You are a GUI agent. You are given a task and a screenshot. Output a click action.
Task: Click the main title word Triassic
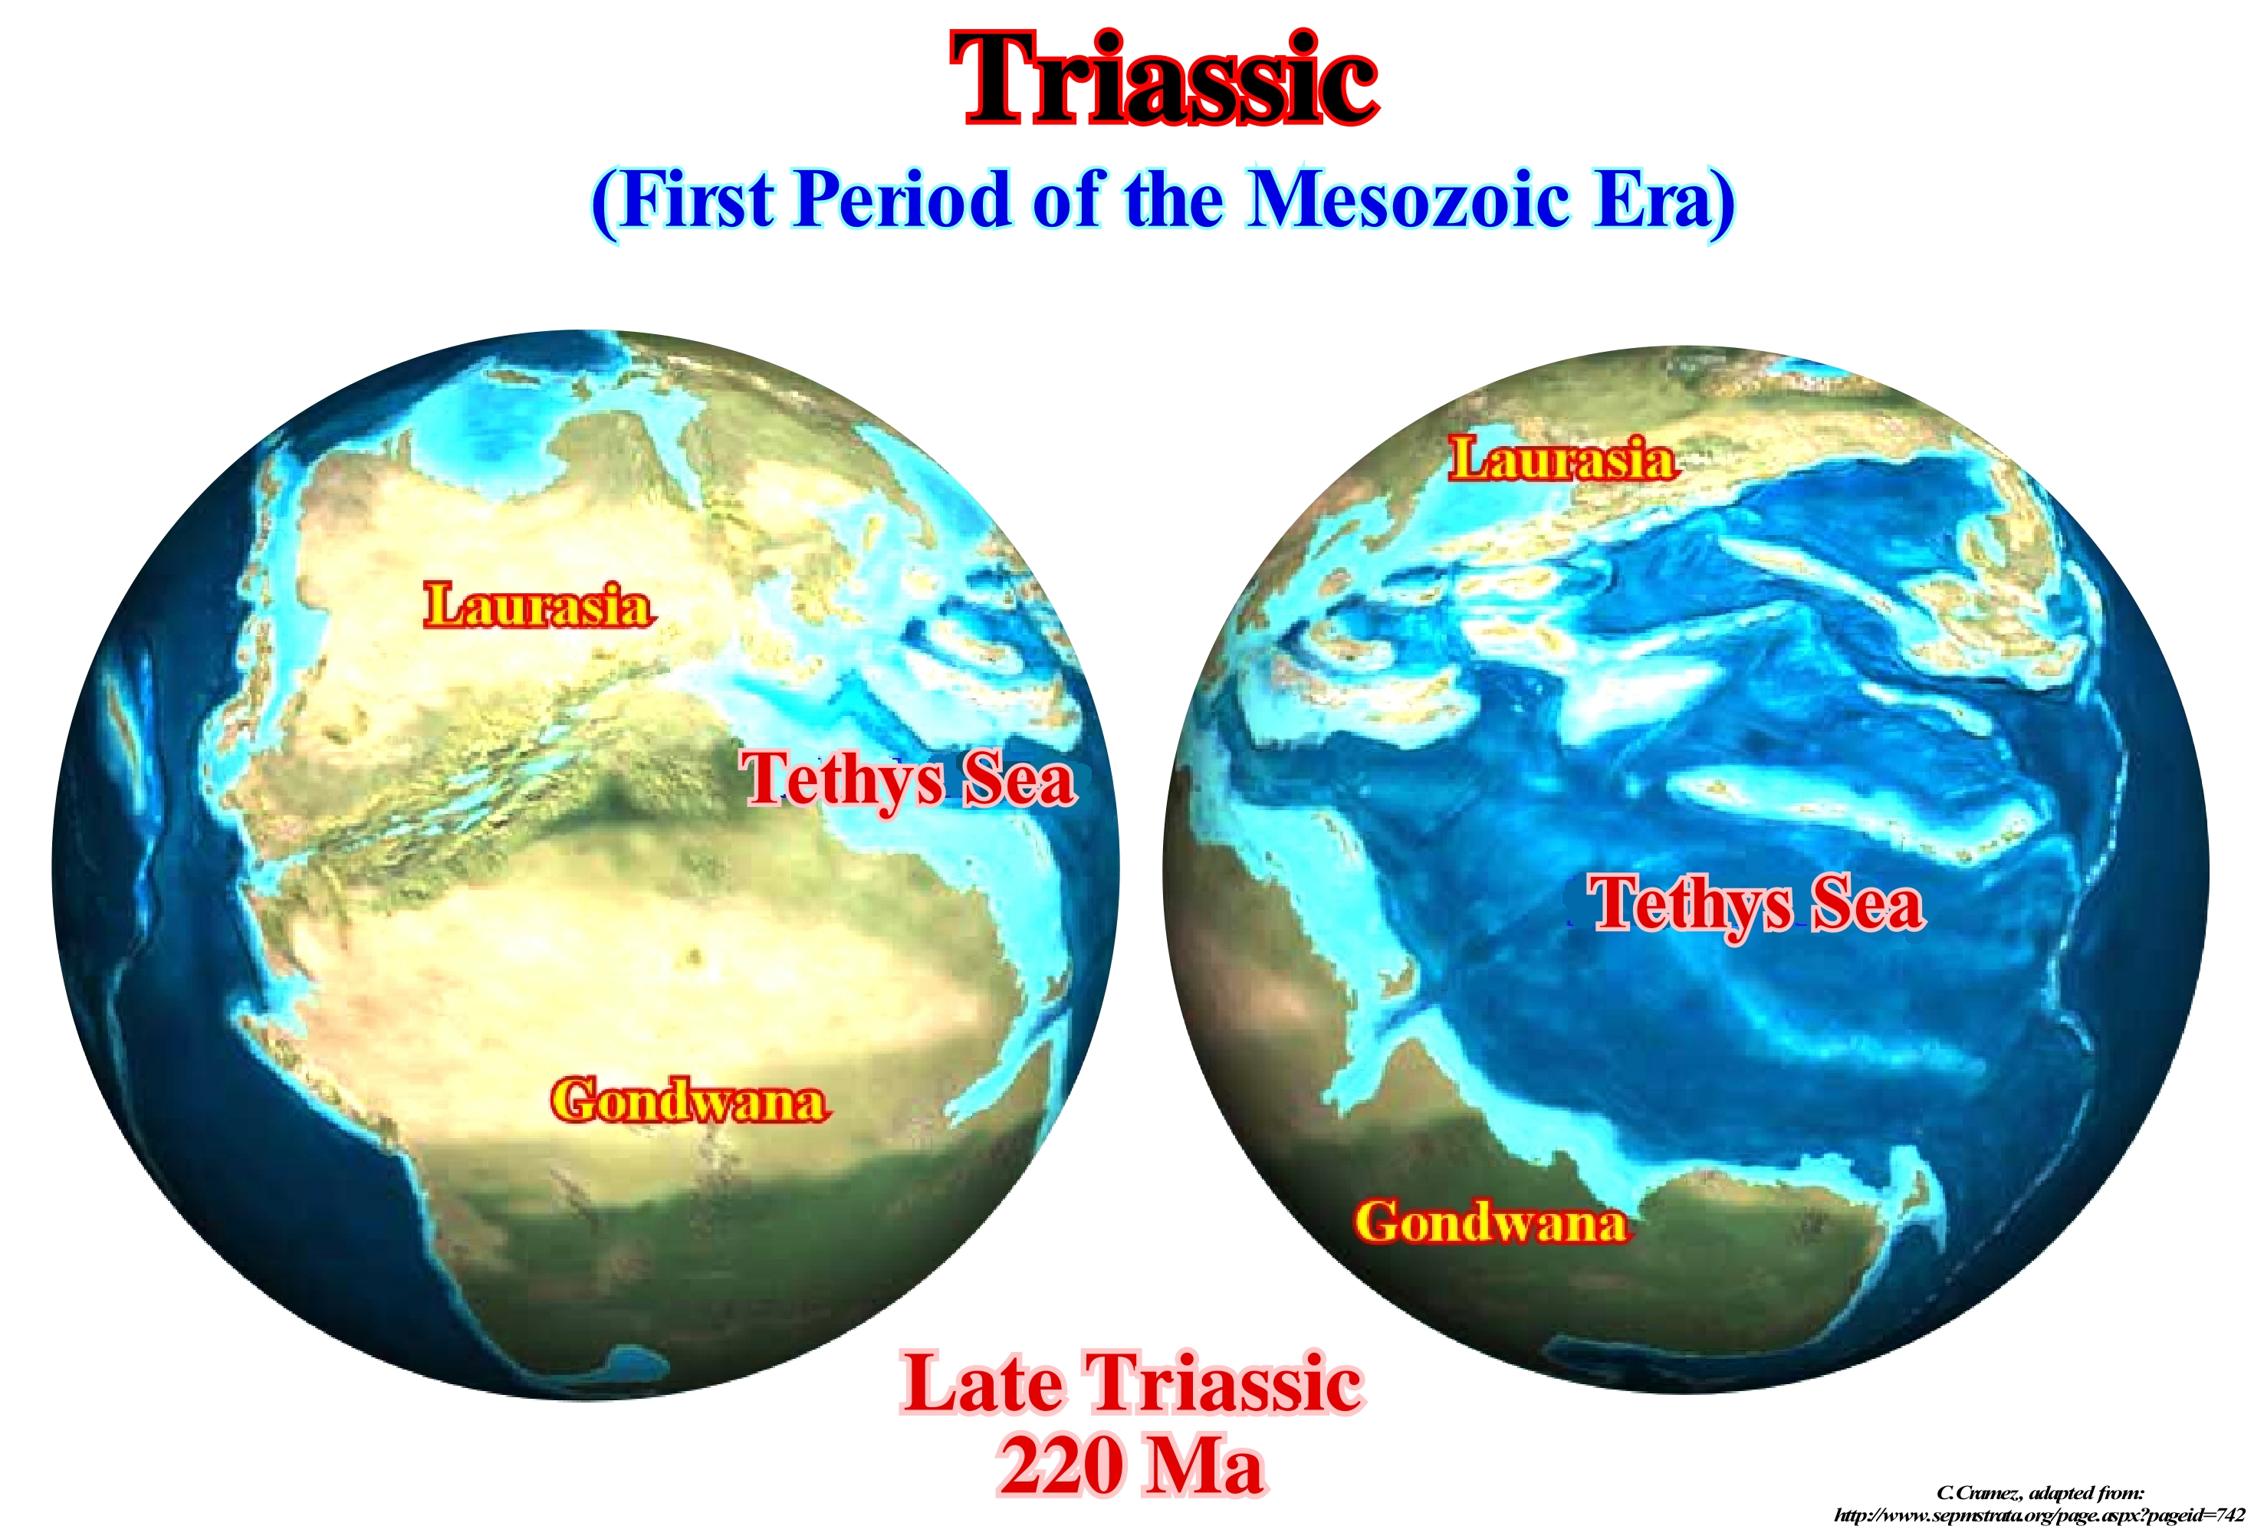(x=1163, y=80)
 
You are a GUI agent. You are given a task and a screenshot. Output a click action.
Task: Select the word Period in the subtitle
(x=901, y=200)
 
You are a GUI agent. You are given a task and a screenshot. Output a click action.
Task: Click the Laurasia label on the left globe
(x=539, y=605)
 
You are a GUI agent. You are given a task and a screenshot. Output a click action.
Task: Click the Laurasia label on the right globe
(x=1563, y=459)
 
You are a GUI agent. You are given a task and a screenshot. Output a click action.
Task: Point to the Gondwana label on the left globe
(x=690, y=1101)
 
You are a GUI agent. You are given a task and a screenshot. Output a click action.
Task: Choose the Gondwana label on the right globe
(x=1491, y=1222)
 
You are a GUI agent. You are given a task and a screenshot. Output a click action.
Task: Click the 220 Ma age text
(x=1132, y=1466)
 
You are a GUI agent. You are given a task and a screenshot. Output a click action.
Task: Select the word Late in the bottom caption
(x=983, y=1383)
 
